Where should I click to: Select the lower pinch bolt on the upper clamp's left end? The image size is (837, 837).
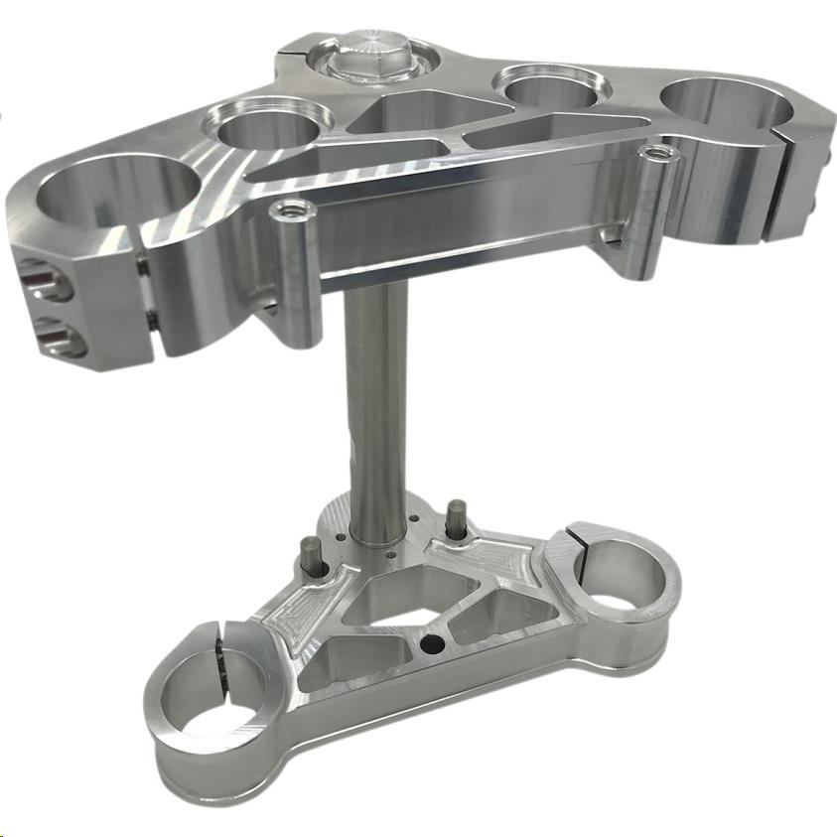[48, 334]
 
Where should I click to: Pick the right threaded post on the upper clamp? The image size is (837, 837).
[656, 153]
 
